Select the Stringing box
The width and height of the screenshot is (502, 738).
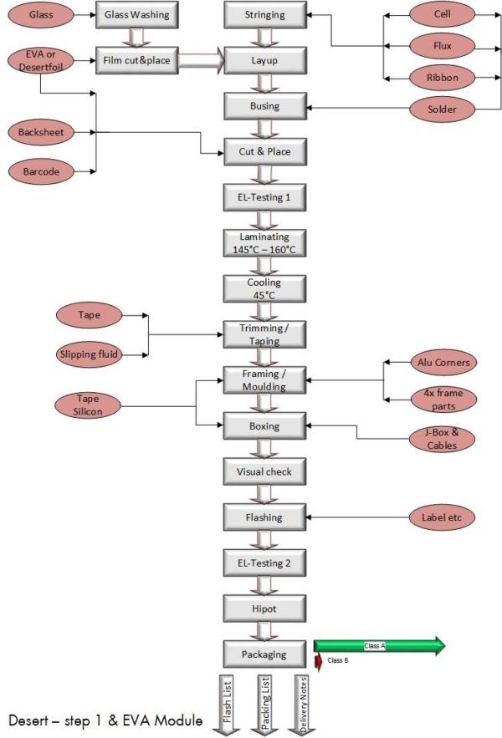(x=265, y=14)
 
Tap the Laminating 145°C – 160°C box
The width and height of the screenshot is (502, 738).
(x=265, y=243)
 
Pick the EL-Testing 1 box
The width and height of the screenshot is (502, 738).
(x=265, y=197)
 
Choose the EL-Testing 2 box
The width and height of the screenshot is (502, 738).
(x=265, y=562)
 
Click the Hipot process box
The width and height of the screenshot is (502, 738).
(x=265, y=608)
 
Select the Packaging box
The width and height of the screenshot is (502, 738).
(x=265, y=654)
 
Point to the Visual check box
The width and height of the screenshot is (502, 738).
(x=265, y=471)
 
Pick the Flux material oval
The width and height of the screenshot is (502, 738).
(x=443, y=45)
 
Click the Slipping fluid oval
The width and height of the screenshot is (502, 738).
(x=89, y=354)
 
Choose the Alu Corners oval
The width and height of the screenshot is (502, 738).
(x=443, y=363)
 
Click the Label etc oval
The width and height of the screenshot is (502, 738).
(x=443, y=517)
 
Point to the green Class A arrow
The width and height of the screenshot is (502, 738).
(x=379, y=645)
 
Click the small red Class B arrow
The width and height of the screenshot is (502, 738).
(x=318, y=661)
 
